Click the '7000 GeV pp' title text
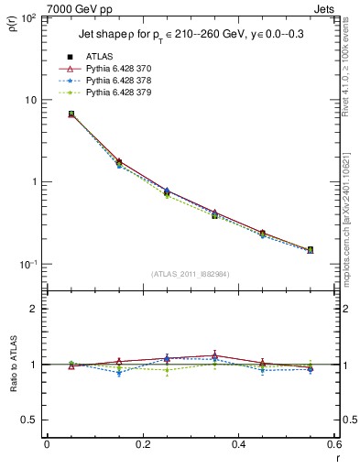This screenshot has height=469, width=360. [60, 8]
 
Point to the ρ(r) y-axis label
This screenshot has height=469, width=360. [12, 22]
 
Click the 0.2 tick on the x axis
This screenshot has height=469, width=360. [142, 445]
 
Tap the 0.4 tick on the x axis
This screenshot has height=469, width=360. [238, 445]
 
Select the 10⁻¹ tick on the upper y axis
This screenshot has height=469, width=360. [27, 264]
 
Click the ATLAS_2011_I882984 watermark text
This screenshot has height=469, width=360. [190, 274]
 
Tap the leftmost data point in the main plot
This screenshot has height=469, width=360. [71, 115]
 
